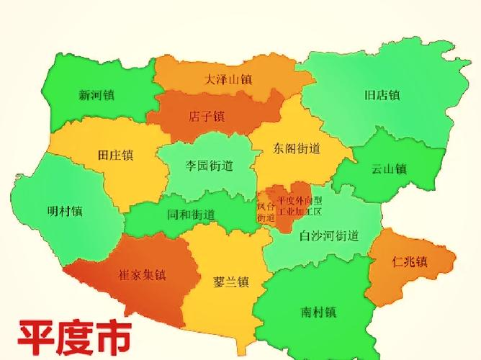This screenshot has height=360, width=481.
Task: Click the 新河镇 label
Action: pos(96,95)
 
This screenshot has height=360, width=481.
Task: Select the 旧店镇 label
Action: pos(382,95)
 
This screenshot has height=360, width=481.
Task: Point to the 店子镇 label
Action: pos(207,115)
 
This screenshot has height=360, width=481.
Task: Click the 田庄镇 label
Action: pos(116,155)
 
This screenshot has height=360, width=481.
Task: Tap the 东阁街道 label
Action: pos(297,149)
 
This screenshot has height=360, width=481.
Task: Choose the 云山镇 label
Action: pos(389,169)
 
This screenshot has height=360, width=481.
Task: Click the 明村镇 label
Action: pos(64,212)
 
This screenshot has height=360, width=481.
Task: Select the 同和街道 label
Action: pos(191,214)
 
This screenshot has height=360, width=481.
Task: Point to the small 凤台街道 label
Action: pos(266,211)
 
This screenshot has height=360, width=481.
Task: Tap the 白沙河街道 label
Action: pos(329,235)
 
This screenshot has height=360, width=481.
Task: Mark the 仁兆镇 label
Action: pos(410,261)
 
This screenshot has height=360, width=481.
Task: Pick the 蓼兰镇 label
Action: pos(231,281)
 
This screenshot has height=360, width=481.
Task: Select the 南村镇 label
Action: pos(319,312)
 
